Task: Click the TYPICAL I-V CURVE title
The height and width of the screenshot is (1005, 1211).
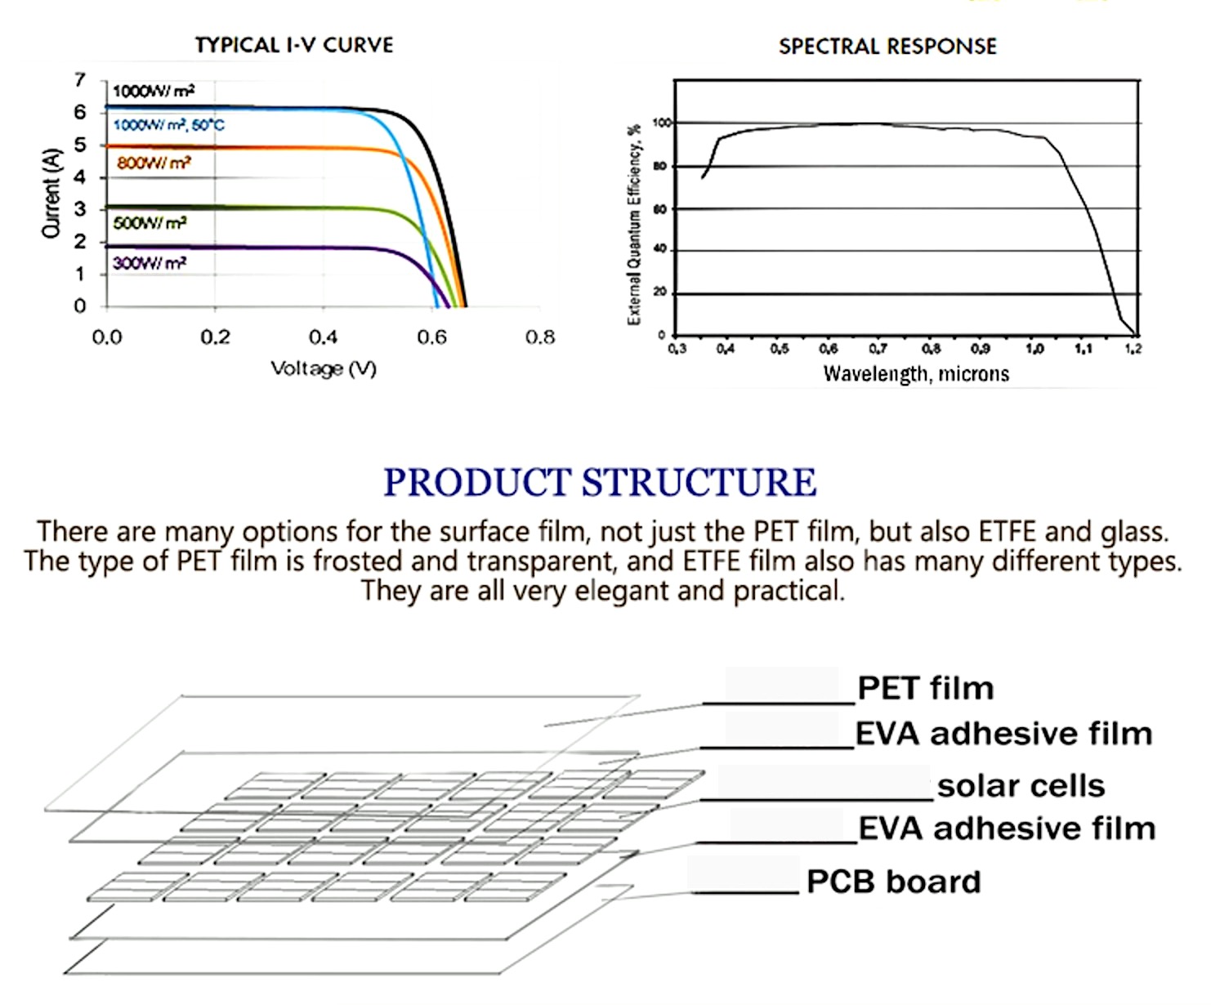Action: click(x=294, y=45)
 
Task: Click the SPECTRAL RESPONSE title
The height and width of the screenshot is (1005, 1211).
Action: click(x=887, y=47)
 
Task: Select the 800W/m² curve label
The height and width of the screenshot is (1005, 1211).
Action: click(x=154, y=163)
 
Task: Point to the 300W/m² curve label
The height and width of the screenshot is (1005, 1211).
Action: click(x=150, y=263)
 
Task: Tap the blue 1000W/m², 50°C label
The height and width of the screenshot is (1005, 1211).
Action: click(x=169, y=125)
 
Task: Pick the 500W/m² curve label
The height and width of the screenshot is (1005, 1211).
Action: click(x=150, y=223)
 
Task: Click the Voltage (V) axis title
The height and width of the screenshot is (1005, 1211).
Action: click(x=324, y=368)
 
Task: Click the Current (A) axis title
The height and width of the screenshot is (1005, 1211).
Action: click(x=51, y=193)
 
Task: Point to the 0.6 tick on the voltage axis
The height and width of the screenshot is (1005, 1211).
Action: click(x=432, y=337)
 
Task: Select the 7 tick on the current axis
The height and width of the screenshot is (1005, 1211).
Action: click(x=80, y=79)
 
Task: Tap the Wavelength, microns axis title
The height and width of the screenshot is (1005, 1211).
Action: click(x=916, y=374)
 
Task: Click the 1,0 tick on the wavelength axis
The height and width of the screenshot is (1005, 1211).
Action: click(x=1034, y=349)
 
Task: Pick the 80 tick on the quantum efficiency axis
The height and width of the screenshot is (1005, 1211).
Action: click(x=659, y=167)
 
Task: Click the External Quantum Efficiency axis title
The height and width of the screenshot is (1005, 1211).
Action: click(x=634, y=225)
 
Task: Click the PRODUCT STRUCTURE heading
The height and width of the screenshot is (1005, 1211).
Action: click(x=601, y=482)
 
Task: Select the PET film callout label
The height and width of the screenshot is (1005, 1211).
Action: click(x=926, y=688)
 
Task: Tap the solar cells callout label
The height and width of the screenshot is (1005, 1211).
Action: click(x=1021, y=786)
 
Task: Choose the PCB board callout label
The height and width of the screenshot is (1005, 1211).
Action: click(x=894, y=882)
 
